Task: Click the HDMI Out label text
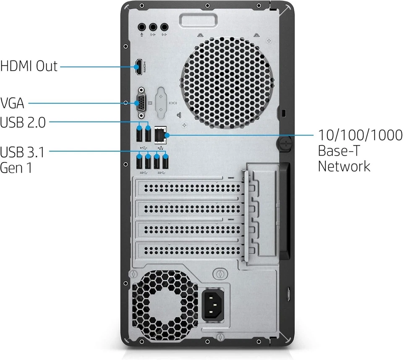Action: click(x=29, y=66)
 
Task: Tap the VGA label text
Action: click(x=12, y=103)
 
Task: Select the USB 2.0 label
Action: click(x=23, y=123)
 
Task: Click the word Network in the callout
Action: click(x=344, y=166)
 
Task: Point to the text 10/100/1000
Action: click(x=360, y=136)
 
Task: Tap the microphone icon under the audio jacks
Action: click(x=142, y=35)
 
